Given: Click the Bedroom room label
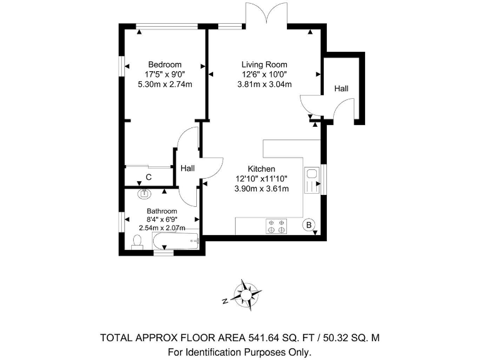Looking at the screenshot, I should [164, 64].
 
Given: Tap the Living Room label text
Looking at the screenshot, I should [264, 64].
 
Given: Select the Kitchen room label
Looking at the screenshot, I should [261, 169].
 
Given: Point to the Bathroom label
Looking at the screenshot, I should [162, 211].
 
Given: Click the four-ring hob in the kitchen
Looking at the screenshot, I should [276, 226].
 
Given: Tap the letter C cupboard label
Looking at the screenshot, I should [148, 177].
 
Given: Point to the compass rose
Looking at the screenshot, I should [247, 294].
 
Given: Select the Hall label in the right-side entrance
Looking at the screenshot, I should [341, 89].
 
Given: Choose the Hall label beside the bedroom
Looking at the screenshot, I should [187, 169].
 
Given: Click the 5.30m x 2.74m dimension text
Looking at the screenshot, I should [164, 84].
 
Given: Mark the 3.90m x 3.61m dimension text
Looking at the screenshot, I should [261, 189].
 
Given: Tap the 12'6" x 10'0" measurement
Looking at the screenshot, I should [264, 74].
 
